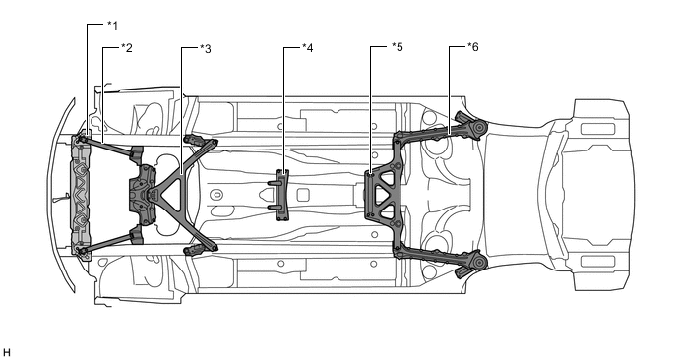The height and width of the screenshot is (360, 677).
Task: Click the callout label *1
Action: tap(112, 26)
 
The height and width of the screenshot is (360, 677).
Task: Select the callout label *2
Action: tap(127, 48)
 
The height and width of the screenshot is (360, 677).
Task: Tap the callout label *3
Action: tap(206, 49)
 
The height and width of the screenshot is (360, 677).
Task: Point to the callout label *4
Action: tap(307, 48)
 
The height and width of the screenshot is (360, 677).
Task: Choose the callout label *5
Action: tap(398, 47)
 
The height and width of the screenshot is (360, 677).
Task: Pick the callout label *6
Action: tap(473, 47)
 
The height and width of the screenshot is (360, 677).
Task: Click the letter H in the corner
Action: tap(6, 353)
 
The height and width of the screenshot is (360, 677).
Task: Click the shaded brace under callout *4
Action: tap(282, 195)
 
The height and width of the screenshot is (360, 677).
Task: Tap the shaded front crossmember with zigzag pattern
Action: tap(81, 195)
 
